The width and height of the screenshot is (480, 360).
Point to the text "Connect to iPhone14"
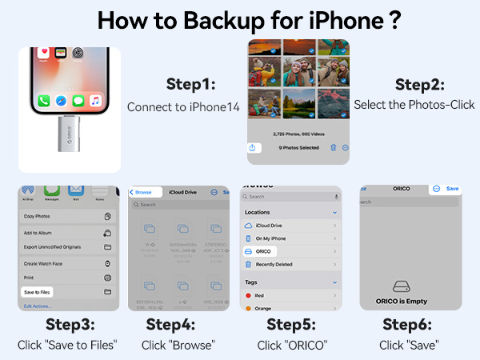tap(183, 106)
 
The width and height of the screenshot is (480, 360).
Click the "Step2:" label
tap(420, 84)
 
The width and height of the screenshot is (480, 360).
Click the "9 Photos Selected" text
tap(299, 148)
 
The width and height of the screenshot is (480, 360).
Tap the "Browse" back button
tap(142, 192)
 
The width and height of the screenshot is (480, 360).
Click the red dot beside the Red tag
tap(248, 294)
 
